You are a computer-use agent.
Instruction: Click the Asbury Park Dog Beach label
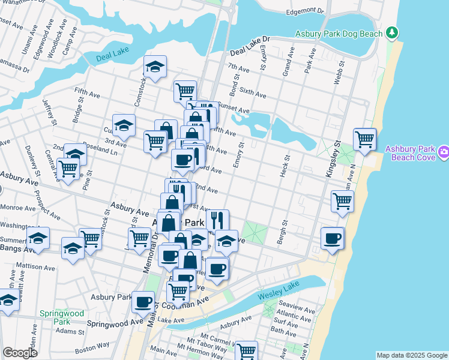(339, 34)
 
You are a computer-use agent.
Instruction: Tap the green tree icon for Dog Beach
(392, 31)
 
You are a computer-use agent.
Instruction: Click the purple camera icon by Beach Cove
(444, 152)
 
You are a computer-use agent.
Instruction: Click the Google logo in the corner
(20, 353)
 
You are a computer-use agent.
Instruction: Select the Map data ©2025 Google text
(411, 355)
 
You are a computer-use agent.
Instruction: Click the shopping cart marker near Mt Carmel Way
(246, 350)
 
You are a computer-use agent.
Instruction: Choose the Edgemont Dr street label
(305, 11)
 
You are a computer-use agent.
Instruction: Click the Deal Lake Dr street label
(249, 39)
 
